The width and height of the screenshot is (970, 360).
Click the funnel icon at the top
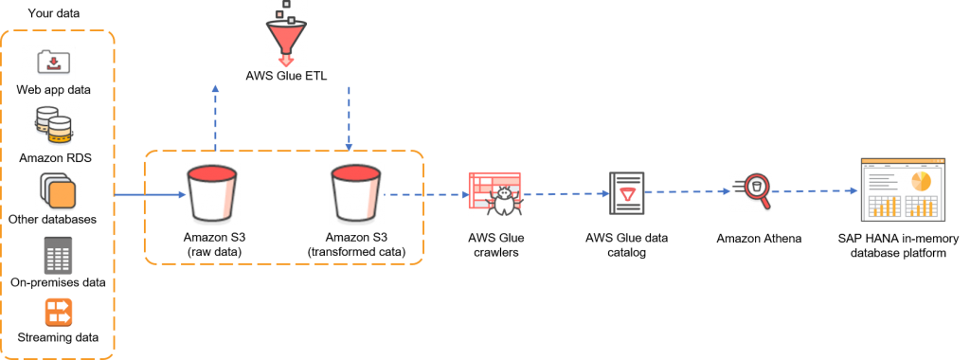click(286, 39)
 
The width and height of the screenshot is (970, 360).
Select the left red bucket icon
click(212, 193)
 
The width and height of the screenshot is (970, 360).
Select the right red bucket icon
click(356, 193)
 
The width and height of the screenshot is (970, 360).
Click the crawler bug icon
click(495, 194)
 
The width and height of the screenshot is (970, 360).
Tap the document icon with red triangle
click(626, 193)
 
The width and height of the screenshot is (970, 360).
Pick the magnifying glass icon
click(751, 191)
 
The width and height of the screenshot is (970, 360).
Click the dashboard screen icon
click(903, 190)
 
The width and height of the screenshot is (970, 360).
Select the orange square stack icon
click(58, 192)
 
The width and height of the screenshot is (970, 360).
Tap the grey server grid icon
click(58, 256)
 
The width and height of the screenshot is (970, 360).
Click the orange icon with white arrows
click(58, 312)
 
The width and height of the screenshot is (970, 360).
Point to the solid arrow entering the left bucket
click(150, 195)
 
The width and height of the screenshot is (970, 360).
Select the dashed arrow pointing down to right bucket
click(349, 118)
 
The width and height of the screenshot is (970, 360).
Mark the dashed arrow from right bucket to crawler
click(426, 195)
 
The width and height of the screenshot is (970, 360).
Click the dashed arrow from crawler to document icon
click(566, 193)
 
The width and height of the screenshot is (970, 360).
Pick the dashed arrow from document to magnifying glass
click(687, 191)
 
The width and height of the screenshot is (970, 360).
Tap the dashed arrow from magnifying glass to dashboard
click(816, 190)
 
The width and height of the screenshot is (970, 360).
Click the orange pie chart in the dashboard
click(921, 180)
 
